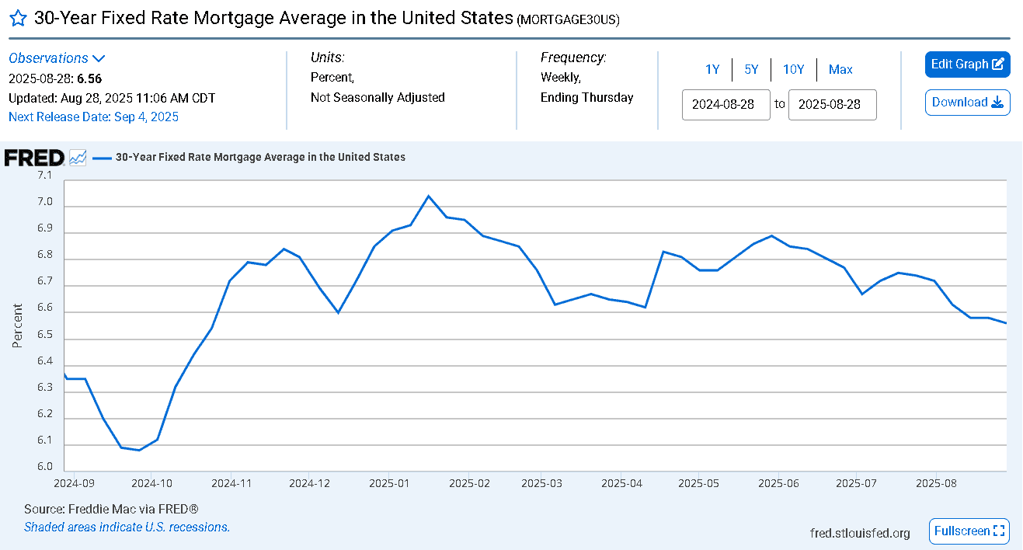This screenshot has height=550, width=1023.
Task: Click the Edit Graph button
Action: click(x=967, y=64)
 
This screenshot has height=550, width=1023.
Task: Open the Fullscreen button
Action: click(x=969, y=531)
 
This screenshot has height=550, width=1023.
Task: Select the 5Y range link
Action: click(x=751, y=69)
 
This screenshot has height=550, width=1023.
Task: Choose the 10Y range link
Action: click(x=793, y=69)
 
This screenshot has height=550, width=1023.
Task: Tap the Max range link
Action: click(x=840, y=69)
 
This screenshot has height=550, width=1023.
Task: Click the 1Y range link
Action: click(x=712, y=69)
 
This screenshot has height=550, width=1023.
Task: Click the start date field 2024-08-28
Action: click(x=726, y=105)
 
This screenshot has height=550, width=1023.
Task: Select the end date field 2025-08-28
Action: click(x=832, y=105)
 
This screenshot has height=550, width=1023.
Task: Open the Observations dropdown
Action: click(x=57, y=58)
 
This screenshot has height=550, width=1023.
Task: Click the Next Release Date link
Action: click(x=94, y=117)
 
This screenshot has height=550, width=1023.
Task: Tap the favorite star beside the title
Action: click(x=19, y=19)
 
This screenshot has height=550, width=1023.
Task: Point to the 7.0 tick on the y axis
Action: click(x=45, y=201)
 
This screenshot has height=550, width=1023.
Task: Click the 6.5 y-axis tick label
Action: click(x=45, y=334)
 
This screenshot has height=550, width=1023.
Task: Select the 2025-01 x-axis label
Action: click(x=389, y=483)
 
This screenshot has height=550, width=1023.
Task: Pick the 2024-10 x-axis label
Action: click(x=151, y=483)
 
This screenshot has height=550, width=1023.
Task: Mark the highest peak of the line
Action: click(x=428, y=196)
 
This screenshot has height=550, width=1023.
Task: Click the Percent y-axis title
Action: click(x=17, y=325)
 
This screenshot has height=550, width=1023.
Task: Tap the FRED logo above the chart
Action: click(x=34, y=158)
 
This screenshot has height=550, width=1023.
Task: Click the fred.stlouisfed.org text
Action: click(x=860, y=533)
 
